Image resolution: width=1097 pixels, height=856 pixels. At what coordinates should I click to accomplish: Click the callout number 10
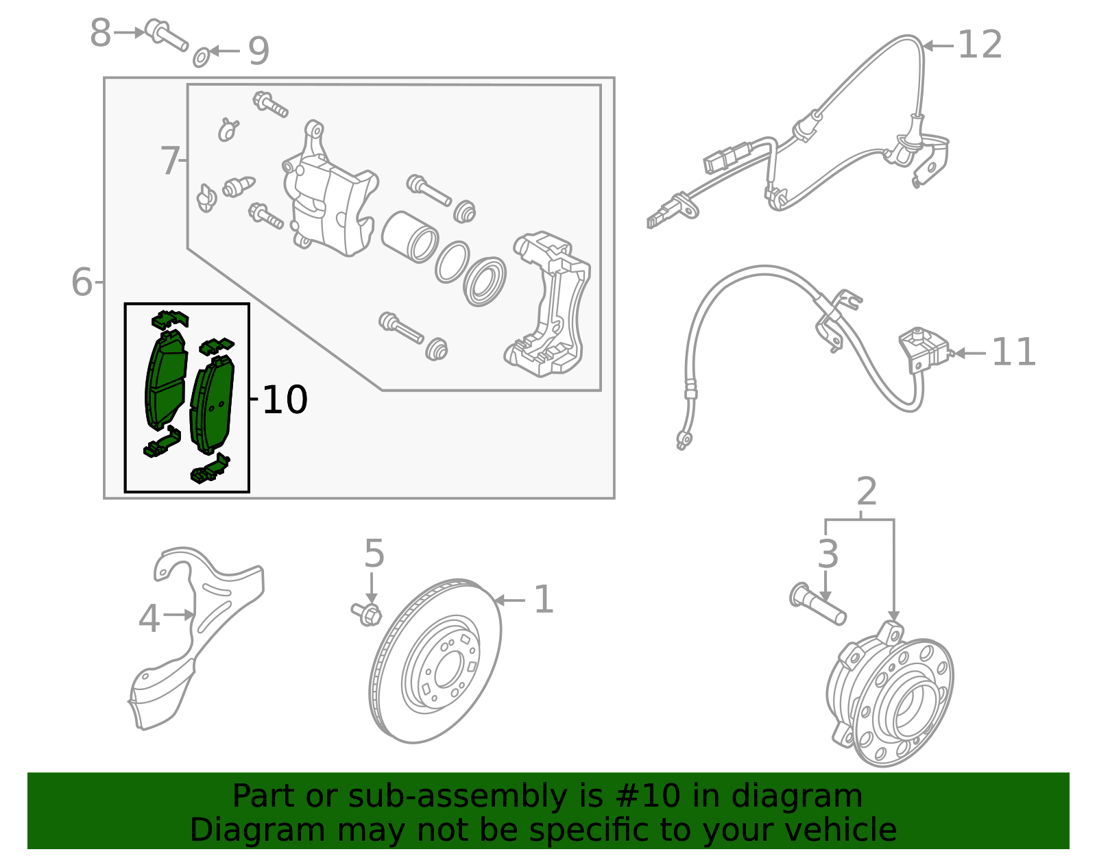[x=285, y=400]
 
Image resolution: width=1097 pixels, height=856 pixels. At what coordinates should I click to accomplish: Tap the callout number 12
[x=980, y=45]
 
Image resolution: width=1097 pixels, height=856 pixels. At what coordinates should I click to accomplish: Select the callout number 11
[x=1013, y=353]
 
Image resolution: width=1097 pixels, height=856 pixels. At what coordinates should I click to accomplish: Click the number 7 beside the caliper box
[x=169, y=161]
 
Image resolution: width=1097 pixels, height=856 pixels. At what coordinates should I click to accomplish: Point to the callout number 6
[x=82, y=282]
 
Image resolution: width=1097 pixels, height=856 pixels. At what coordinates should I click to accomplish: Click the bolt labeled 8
[x=167, y=35]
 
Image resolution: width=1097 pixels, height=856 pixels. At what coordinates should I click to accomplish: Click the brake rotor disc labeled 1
[x=436, y=661]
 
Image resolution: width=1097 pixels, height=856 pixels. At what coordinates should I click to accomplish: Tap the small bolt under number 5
[x=367, y=613]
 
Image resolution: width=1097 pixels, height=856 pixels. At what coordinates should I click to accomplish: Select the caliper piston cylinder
[x=409, y=236]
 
